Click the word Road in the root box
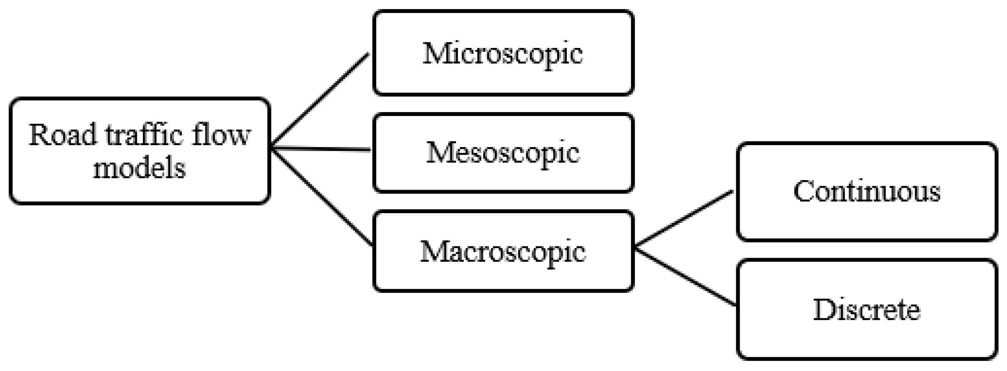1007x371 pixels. pos(62,135)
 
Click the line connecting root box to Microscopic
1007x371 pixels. pos(320,100)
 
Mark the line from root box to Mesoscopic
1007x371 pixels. pos(320,149)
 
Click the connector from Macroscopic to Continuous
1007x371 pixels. pos(684,218)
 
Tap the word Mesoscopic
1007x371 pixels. pos(503,153)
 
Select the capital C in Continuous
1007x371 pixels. pos(803,191)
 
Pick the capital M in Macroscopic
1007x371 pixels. pos(436,251)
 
